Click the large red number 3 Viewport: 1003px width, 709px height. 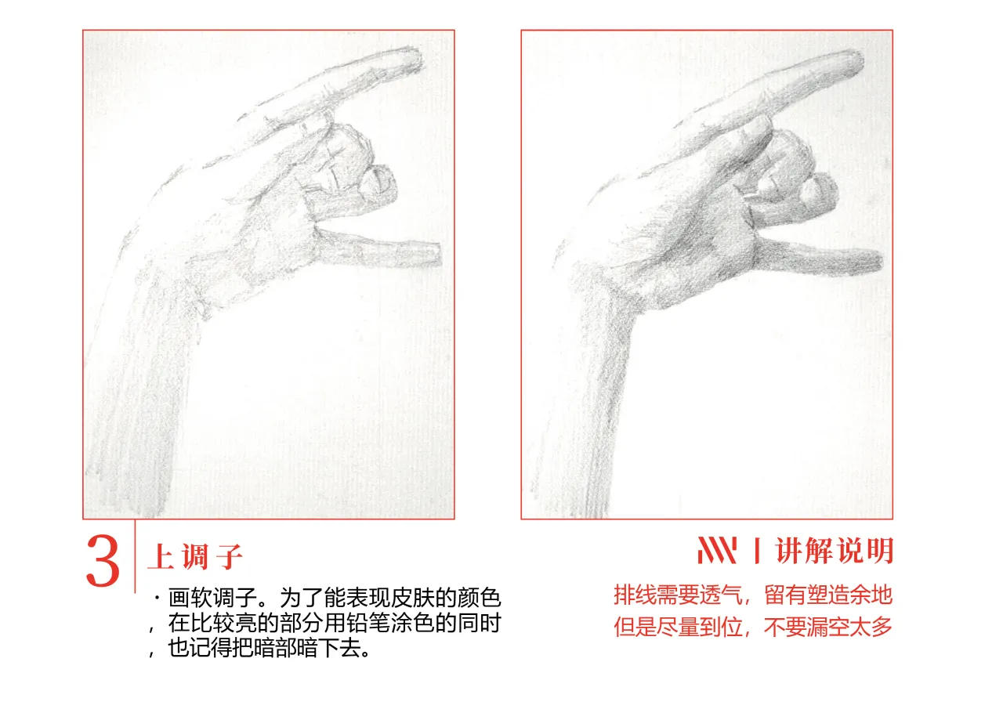pos(103,560)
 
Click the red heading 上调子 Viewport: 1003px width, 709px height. pos(195,557)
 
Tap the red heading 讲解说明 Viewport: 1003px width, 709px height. pos(835,550)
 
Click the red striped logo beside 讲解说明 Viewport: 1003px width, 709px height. pos(717,550)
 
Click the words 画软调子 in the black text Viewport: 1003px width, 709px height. pos(212,598)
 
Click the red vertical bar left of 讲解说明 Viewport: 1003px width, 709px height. pos(757,550)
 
